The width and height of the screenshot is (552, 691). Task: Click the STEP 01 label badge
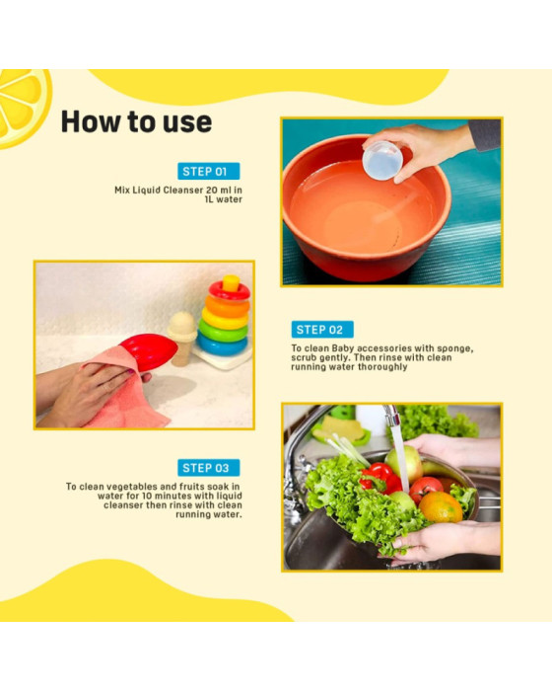click(209, 171)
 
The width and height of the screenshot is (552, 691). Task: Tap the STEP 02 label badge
click(322, 330)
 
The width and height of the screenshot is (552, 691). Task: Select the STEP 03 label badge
click(209, 468)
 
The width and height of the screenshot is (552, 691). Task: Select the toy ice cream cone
click(181, 337)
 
